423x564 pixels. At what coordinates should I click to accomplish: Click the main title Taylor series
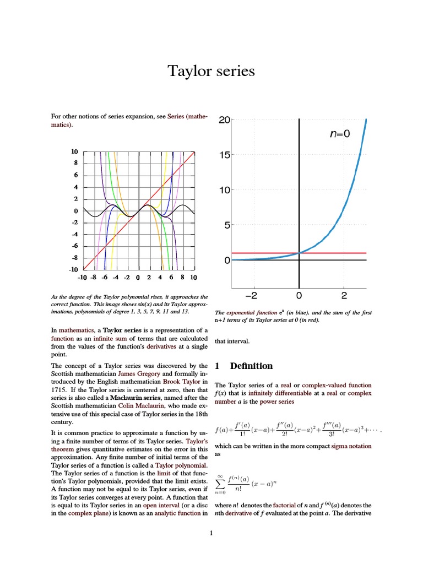[211, 71]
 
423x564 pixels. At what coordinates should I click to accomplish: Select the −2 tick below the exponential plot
[251, 296]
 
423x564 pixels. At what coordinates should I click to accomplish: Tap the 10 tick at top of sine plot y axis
[74, 151]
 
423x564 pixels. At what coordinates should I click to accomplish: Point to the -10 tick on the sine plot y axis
[73, 269]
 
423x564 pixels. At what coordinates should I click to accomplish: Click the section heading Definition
[251, 366]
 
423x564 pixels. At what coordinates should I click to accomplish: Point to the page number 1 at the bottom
[211, 533]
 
